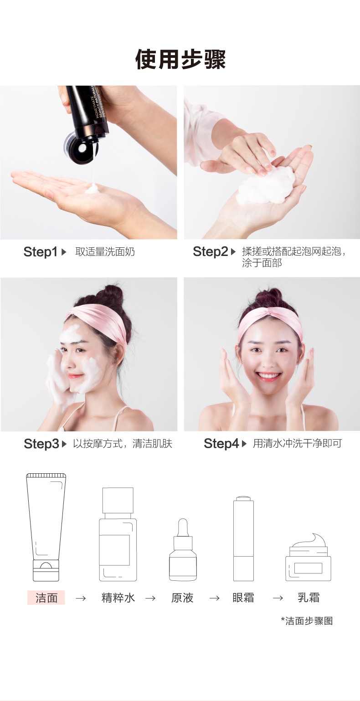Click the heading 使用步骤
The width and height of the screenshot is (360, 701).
tap(180, 59)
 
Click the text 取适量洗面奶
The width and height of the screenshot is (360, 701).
tap(105, 252)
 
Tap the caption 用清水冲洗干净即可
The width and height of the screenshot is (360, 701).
tap(298, 444)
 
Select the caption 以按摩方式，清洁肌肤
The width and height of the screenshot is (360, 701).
tap(123, 444)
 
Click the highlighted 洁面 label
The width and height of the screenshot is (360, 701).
tap(46, 598)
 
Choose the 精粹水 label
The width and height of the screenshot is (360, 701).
tap(118, 598)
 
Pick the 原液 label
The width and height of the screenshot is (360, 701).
tap(182, 598)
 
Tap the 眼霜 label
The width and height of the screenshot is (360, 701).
tap(243, 598)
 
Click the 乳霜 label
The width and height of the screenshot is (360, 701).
tap(309, 598)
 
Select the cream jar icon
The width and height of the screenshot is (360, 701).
tap(308, 558)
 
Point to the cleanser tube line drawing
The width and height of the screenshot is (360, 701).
tap(46, 527)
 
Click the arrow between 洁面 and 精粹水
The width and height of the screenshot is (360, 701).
tap(81, 599)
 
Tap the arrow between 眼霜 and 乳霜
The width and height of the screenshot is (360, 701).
tap(278, 599)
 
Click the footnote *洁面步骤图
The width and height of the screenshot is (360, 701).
tap(307, 621)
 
